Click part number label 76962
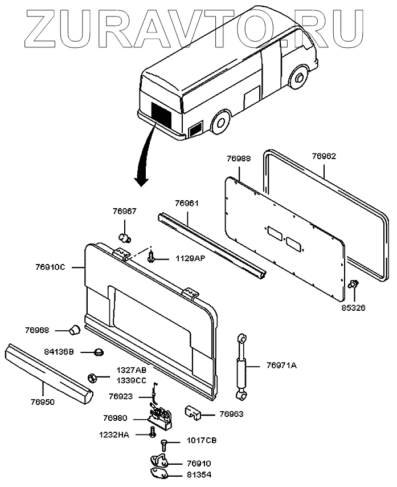(324, 155)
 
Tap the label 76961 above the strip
(187, 202)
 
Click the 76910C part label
(51, 266)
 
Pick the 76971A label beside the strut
(281, 366)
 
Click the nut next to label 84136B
(98, 352)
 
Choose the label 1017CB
(202, 441)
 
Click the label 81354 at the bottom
(200, 474)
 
